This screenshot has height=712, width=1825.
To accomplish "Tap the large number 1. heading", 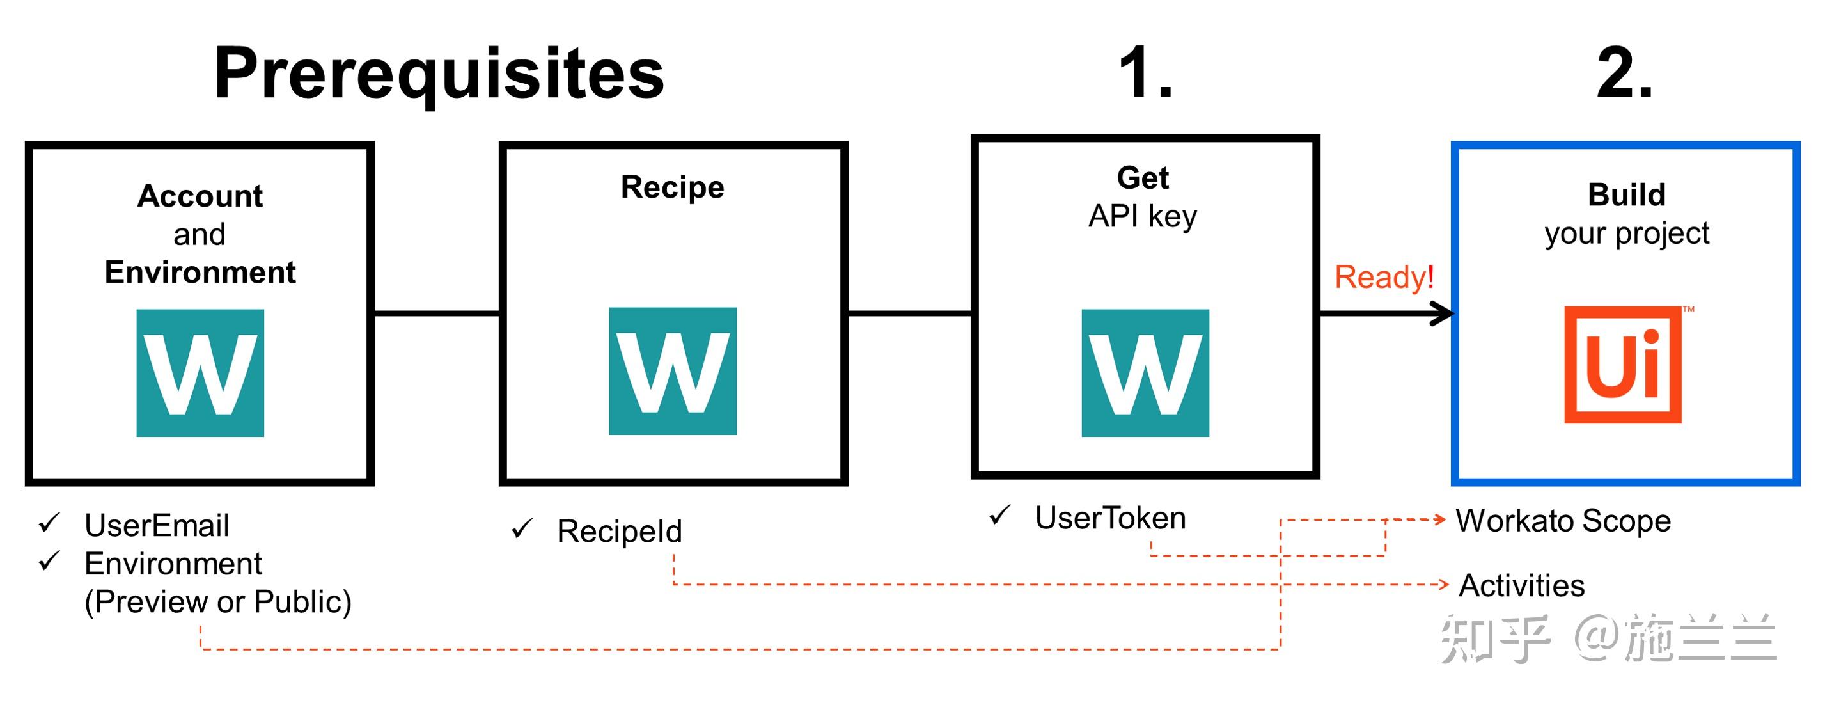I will click(x=1145, y=73).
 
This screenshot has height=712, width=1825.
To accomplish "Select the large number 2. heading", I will click(x=1624, y=73).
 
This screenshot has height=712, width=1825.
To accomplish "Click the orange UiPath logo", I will click(x=1622, y=365).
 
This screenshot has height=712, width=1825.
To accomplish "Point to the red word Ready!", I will click(x=1384, y=277).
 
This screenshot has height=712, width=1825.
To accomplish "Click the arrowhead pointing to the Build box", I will click(x=1441, y=313).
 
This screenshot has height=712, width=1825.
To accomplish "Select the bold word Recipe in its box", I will click(x=672, y=187).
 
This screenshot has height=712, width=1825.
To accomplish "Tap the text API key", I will click(x=1142, y=216).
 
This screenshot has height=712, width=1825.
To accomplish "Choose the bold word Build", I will click(x=1627, y=195).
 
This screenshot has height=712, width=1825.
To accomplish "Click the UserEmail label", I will click(x=157, y=526).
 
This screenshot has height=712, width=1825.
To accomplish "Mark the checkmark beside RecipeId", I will click(x=522, y=528).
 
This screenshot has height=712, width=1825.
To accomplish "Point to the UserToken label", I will click(x=1110, y=518).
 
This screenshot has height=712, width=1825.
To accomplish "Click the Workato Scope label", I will click(x=1563, y=521).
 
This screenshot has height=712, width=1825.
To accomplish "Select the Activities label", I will click(x=1521, y=586).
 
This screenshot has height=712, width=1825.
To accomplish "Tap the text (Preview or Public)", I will click(x=217, y=602).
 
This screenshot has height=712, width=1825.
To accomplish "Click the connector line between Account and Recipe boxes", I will click(x=436, y=313).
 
